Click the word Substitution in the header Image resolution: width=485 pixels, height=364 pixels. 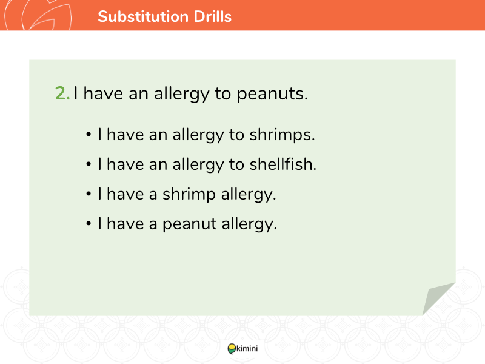click(x=143, y=16)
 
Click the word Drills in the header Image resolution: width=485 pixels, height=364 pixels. click(x=213, y=16)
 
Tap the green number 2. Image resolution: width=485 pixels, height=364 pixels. click(x=62, y=93)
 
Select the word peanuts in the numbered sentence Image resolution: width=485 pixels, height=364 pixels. click(x=272, y=94)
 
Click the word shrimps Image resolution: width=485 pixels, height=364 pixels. click(x=282, y=135)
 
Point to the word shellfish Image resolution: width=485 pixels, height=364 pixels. click(x=283, y=164)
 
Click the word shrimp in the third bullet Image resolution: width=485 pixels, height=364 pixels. click(x=189, y=195)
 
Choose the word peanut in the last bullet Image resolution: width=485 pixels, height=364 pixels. click(x=190, y=224)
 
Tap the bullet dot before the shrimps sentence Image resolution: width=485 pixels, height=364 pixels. click(x=89, y=135)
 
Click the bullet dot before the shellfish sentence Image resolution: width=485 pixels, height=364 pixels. click(x=89, y=164)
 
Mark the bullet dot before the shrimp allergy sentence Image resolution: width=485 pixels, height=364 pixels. click(x=89, y=194)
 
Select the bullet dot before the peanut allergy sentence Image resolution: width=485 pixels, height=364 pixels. click(x=89, y=223)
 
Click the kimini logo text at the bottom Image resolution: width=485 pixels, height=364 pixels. click(x=247, y=348)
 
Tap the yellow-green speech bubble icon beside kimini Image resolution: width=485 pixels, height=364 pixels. click(x=232, y=349)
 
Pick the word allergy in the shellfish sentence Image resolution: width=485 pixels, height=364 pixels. click(x=198, y=164)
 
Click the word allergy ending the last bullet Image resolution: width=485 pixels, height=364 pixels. click(x=249, y=224)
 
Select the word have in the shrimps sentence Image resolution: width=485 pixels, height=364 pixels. click(x=125, y=135)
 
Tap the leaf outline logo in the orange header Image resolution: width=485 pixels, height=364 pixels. click(x=38, y=15)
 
